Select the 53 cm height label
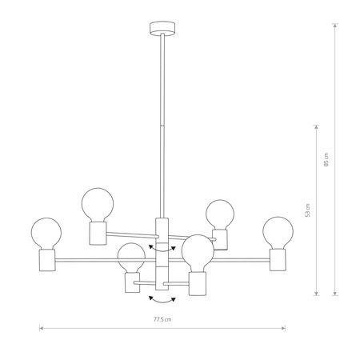pyautogui.click(x=307, y=210)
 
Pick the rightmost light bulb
pyautogui.click(x=277, y=232)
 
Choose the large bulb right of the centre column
pyautogui.click(x=197, y=252)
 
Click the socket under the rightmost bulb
pyautogui.click(x=278, y=258)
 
